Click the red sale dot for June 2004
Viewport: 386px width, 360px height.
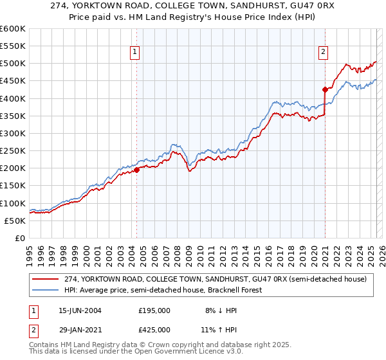[x=137, y=170]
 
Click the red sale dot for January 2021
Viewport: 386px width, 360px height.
[x=325, y=90]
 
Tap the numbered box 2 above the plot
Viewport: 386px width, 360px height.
[x=323, y=53]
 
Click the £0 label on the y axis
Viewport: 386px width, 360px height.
[x=19, y=238]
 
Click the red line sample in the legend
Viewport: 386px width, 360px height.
[x=46, y=279]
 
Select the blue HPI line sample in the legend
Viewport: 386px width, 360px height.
[x=46, y=290]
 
